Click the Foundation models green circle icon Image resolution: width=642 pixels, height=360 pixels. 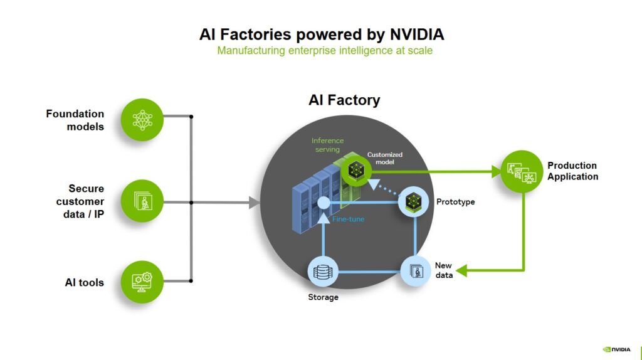pyautogui.click(x=142, y=119)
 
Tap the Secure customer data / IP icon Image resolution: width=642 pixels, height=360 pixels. pyautogui.click(x=142, y=201)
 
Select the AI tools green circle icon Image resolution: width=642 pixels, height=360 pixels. pyautogui.click(x=142, y=282)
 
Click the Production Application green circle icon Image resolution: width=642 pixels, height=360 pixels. pyautogui.click(x=522, y=171)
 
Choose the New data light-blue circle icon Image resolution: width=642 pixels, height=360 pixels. pyautogui.click(x=416, y=272)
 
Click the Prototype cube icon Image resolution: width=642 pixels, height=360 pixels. pyautogui.click(x=413, y=202)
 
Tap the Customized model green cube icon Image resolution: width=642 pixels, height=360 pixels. pyautogui.click(x=356, y=171)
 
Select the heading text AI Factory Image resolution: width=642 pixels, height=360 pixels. pyautogui.click(x=344, y=100)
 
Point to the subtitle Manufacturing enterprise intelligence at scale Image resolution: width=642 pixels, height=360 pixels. pyautogui.click(x=324, y=51)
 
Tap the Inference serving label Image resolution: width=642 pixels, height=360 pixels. pyautogui.click(x=327, y=145)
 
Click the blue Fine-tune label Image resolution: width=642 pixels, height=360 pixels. pyautogui.click(x=348, y=219)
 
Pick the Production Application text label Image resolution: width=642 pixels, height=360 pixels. pyautogui.click(x=572, y=171)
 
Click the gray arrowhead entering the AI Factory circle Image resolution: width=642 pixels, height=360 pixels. pyautogui.click(x=254, y=203)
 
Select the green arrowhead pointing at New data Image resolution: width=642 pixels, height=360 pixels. pyautogui.click(x=462, y=271)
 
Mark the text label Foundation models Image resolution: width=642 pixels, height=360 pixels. pyautogui.click(x=75, y=120)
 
